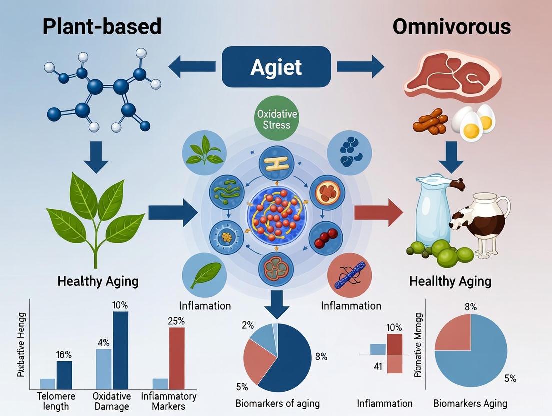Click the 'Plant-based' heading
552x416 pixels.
102,26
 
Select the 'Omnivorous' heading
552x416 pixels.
451,26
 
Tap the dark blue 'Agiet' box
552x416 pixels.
276,67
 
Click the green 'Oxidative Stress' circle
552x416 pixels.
276,119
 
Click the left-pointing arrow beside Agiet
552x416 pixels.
192,67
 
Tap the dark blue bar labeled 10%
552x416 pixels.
120,350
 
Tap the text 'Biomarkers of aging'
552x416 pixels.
278,403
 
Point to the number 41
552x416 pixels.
378,366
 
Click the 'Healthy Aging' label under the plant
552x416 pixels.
98,281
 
